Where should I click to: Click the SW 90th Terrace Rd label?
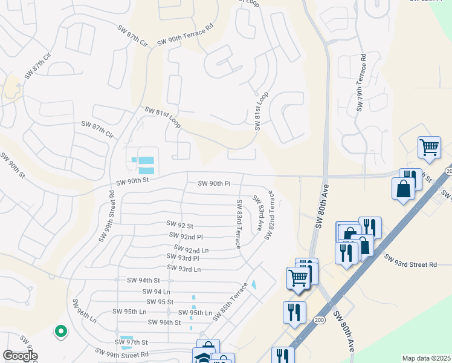pyautogui.click(x=186, y=36)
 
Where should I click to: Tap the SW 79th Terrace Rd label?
pyautogui.click(x=362, y=83)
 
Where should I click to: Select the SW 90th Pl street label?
pyautogui.click(x=214, y=183)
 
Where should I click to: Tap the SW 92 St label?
pyautogui.click(x=180, y=225)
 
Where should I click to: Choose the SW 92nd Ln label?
pyautogui.click(x=191, y=249)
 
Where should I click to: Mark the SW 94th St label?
pyautogui.click(x=143, y=280)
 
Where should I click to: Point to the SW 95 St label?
pyautogui.click(x=160, y=301)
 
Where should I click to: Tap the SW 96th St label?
pyautogui.click(x=165, y=322)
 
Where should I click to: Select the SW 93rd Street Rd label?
pyautogui.click(x=410, y=261)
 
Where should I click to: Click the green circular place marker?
pyautogui.click(x=60, y=331)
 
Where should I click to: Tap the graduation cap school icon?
pyautogui.click(x=204, y=356)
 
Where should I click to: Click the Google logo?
pyautogui.click(x=20, y=356)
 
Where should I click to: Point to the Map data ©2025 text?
pyautogui.click(x=425, y=358)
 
